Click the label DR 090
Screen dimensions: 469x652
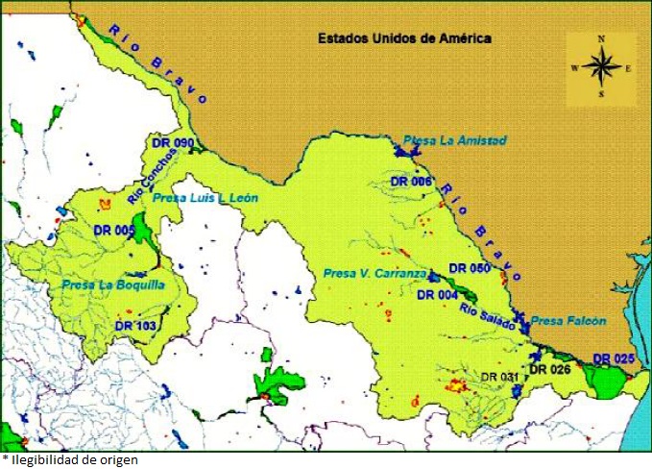[x=173, y=143]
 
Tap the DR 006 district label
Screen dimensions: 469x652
[x=411, y=181]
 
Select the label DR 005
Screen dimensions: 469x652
[x=113, y=231]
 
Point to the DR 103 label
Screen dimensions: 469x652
[x=134, y=326]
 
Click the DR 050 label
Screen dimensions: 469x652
[x=470, y=268]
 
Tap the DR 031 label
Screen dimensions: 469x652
[x=499, y=377]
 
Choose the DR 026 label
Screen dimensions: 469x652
[x=550, y=368]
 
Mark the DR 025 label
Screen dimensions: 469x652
[x=613, y=358]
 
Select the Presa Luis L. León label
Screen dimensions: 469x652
[x=205, y=198]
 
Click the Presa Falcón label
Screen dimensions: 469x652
[x=568, y=321]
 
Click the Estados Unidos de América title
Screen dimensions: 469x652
[x=405, y=39]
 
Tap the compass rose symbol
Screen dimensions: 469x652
[x=601, y=67]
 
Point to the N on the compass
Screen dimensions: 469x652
[x=601, y=38]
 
